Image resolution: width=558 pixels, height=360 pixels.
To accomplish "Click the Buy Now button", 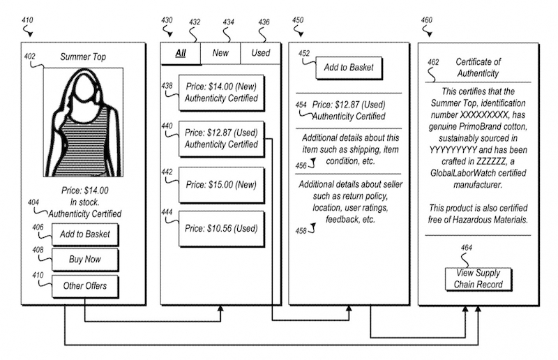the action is point(85,260).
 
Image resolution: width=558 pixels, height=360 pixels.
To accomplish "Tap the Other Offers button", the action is point(85,286).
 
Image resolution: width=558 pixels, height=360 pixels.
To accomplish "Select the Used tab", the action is point(261,53).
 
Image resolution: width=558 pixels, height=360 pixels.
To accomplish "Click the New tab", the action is point(220,53).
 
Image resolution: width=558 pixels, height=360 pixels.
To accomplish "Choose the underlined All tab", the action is point(181,54).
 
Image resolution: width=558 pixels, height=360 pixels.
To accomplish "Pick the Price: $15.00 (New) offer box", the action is point(221,185).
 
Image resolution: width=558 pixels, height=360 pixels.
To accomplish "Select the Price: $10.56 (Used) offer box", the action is point(221,229).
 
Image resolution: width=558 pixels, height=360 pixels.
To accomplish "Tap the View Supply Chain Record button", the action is point(478,279).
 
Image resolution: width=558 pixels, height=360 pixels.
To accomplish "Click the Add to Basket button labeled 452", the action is point(349,67).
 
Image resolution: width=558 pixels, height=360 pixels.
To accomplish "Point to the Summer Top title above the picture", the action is point(83,57).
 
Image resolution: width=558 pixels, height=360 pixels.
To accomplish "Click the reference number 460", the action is point(427,20).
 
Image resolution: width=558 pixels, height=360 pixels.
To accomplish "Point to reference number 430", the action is point(167,20).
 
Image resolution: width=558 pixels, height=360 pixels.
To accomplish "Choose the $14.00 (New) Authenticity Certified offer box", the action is point(221,92).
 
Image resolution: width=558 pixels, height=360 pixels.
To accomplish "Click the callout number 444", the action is point(167,212).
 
